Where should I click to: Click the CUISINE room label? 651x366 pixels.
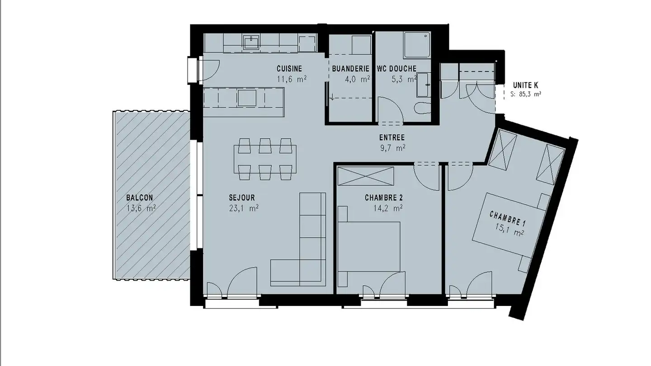(289, 69)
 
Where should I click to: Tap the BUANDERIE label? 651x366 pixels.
(350, 69)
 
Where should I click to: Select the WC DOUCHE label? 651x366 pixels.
(396, 69)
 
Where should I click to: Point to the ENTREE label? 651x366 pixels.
(392, 138)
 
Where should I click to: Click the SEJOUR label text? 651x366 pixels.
(242, 197)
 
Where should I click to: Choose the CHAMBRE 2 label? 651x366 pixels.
(383, 197)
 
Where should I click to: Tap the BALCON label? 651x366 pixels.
(139, 197)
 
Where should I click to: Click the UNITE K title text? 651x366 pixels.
(525, 85)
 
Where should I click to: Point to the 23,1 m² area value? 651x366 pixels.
(244, 208)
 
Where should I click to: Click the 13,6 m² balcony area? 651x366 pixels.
(141, 208)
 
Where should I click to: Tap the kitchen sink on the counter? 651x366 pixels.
(251, 42)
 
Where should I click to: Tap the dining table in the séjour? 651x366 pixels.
(265, 159)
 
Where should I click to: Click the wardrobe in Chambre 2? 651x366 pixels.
(366, 175)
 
